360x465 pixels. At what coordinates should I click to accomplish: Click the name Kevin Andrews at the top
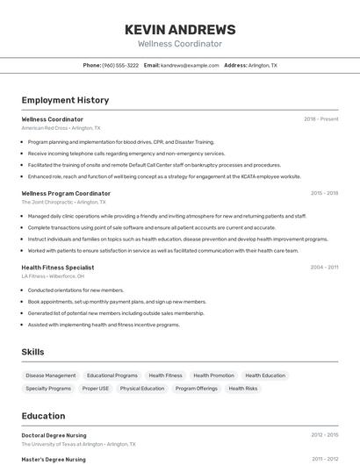pos(180,29)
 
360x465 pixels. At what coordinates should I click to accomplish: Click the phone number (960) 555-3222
pos(120,66)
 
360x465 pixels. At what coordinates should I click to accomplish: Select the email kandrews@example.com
pos(190,66)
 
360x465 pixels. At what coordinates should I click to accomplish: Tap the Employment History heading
pos(65,100)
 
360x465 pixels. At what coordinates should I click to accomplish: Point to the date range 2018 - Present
pos(320,119)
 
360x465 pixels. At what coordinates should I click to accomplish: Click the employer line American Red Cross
pos(61,128)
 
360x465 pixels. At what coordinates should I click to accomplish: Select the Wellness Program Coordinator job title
pos(66,193)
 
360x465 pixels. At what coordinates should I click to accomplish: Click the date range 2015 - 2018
pos(324,193)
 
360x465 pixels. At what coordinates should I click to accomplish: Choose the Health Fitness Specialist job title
pos(58,267)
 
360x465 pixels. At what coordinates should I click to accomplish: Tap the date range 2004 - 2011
pos(324,267)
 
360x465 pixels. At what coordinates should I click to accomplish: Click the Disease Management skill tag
pos(50,376)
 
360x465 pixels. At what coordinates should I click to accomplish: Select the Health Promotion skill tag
pos(213,376)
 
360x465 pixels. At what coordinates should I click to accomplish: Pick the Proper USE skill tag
pos(96,388)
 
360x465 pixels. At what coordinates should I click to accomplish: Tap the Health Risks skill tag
pos(242,388)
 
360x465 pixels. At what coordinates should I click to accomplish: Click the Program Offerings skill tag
pos(196,388)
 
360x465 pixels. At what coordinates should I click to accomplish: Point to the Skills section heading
pos(33,352)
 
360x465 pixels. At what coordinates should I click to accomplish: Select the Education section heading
pos(43,416)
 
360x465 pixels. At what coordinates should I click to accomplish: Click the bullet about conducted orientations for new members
pos(76,290)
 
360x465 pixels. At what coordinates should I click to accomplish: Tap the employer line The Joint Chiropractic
pos(60,202)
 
